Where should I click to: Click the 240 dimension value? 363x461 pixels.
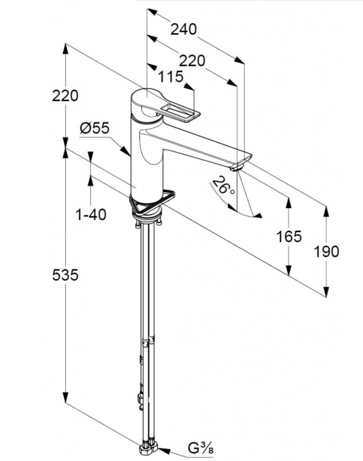184,29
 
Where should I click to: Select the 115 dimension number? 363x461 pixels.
170,77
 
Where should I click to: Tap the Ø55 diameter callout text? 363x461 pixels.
94,129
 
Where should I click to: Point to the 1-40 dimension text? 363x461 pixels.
91,215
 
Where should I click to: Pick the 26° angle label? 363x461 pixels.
225,185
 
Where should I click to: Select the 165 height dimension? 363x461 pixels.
289,236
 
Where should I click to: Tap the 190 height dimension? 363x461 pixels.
327,251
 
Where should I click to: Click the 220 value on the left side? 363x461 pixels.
65,95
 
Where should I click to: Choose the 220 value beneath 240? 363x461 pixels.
192,60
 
